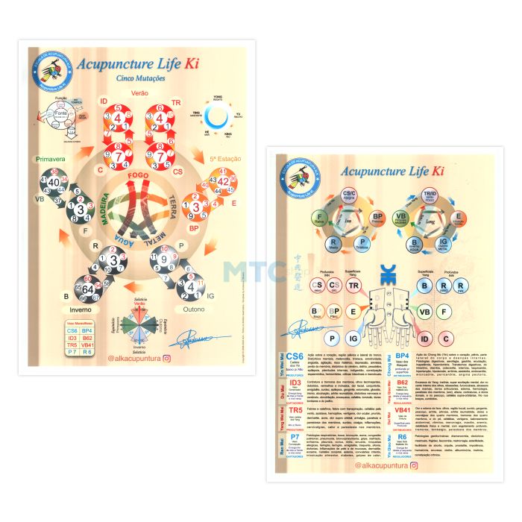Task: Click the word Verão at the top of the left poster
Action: tap(139, 92)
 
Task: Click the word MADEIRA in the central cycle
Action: tap(105, 210)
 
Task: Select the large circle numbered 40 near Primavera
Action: tap(55, 183)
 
